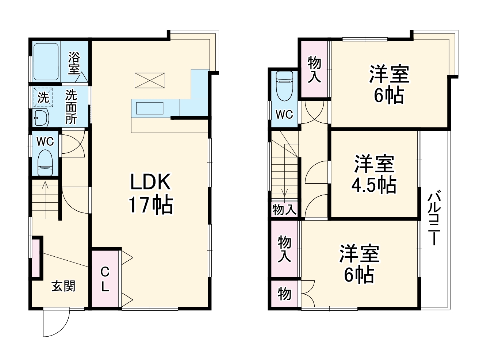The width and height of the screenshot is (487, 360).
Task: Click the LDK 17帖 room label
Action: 150,193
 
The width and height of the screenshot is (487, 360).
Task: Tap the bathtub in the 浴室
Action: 46,62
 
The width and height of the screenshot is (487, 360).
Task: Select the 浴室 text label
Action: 74,63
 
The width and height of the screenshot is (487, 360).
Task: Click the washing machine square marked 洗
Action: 43,97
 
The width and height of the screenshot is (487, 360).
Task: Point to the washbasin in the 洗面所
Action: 41,118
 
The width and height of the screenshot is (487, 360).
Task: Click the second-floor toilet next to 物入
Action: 284,85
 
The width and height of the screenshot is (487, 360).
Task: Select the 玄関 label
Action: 63,286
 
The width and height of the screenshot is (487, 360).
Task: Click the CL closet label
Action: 105,279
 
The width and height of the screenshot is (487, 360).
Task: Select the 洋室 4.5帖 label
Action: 374,174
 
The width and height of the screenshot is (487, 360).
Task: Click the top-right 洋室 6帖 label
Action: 389,84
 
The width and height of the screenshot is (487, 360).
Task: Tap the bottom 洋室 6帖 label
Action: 359,264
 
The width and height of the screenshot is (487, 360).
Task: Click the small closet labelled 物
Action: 284,294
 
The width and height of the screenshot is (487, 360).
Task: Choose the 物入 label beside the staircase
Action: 284,210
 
